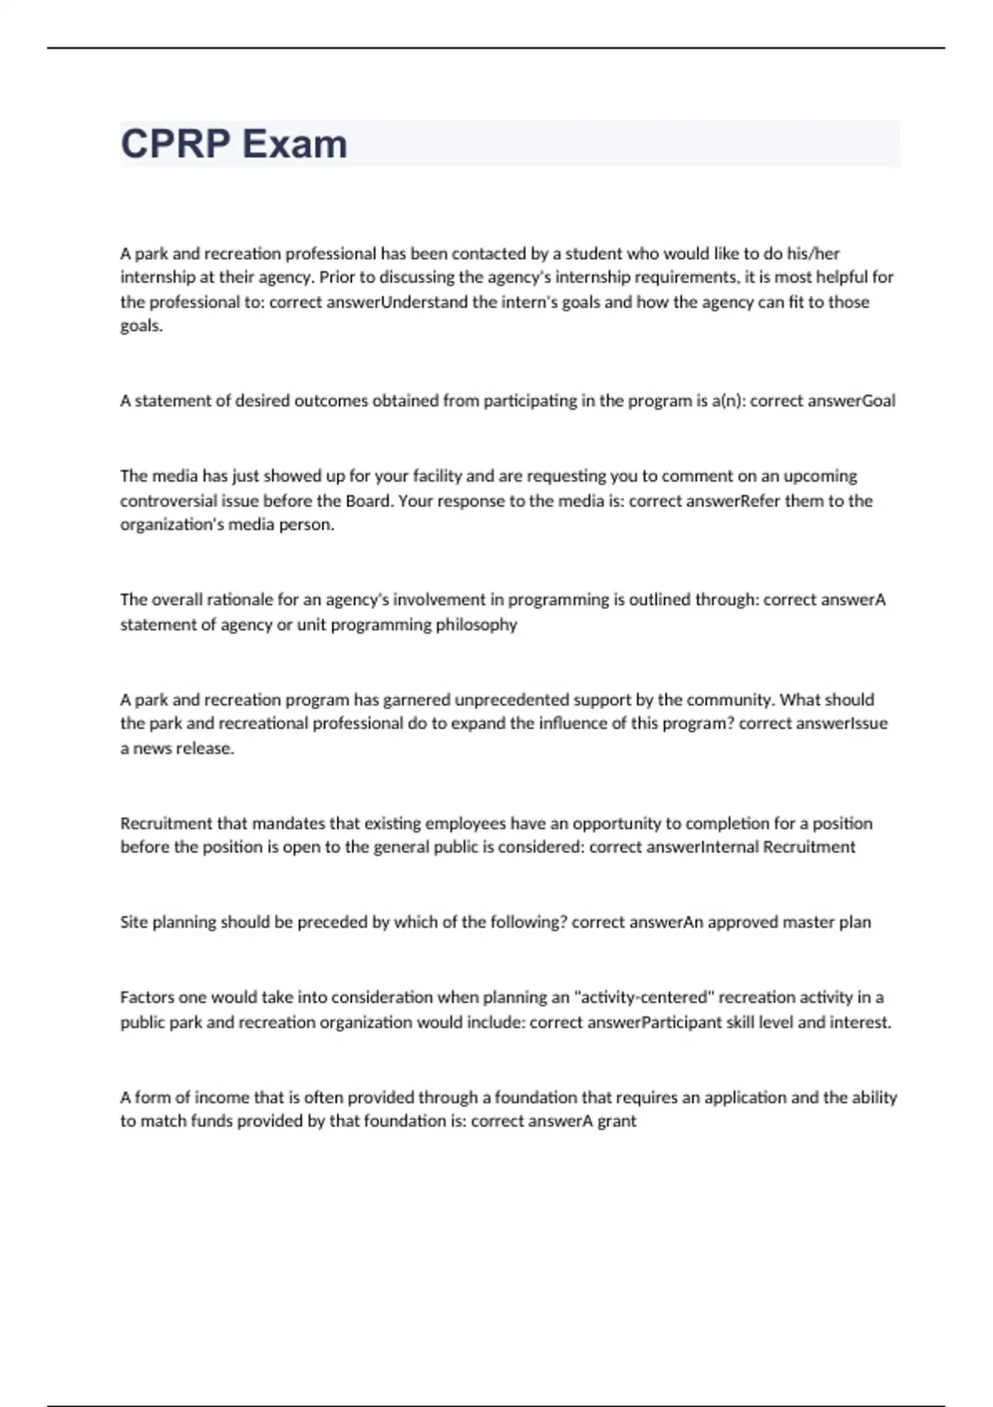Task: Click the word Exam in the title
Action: pyautogui.click(x=295, y=144)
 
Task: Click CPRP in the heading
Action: pyautogui.click(x=175, y=144)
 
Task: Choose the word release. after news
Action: pyautogui.click(x=207, y=748)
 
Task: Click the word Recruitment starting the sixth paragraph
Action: pyautogui.click(x=166, y=824)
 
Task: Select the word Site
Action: pyautogui.click(x=134, y=922)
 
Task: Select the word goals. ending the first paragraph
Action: pyautogui.click(x=142, y=326)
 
